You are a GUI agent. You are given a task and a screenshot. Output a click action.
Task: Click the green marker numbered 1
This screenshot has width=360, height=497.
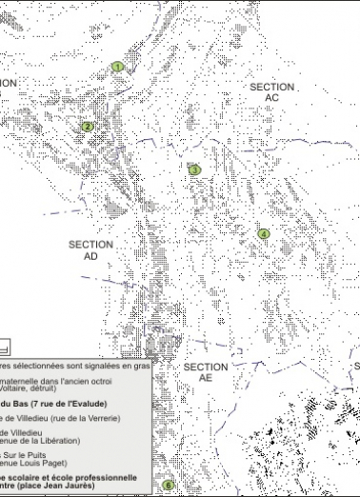point(118,67)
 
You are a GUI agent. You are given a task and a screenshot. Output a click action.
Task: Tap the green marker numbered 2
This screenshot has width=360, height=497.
point(88,126)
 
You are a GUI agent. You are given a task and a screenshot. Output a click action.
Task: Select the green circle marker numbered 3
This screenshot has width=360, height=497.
point(194,170)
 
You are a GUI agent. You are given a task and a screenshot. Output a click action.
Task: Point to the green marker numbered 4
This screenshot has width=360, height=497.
point(264,233)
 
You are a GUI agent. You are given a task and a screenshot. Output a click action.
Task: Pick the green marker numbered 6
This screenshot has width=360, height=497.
point(169,486)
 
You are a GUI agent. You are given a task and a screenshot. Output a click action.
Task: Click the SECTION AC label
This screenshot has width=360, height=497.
point(272,92)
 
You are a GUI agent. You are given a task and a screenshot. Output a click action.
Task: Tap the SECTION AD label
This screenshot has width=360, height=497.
point(91,250)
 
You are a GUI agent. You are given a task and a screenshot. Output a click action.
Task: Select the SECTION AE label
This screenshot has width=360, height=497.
point(206,372)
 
